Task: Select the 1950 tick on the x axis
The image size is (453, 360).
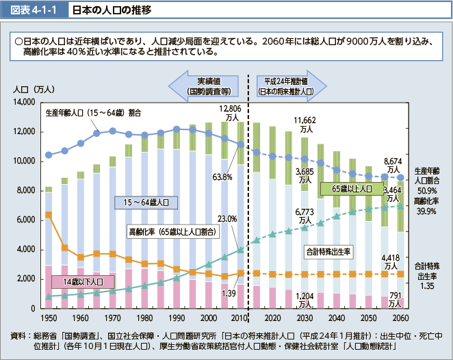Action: tap(49, 319)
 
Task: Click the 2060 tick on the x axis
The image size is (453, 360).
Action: tap(402, 319)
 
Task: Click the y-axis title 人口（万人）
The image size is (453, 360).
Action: tap(34, 89)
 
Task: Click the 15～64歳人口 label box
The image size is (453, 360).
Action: tap(146, 202)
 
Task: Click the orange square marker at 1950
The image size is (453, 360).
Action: tap(49, 216)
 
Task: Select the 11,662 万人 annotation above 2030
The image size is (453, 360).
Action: tap(303, 125)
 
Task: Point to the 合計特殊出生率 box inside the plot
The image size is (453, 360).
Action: tap(327, 252)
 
